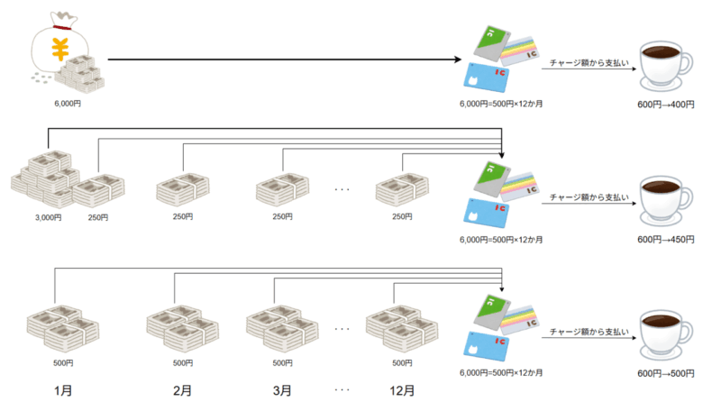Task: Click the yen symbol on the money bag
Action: [59, 50]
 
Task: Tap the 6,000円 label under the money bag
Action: [68, 104]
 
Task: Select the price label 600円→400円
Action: [666, 105]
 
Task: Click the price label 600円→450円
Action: [666, 239]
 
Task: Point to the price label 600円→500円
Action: [666, 373]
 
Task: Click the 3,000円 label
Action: [49, 217]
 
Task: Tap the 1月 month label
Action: [63, 390]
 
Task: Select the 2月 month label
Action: [183, 390]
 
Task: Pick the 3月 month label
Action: [282, 390]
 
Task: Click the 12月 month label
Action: [402, 390]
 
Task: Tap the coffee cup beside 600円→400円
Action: [666, 66]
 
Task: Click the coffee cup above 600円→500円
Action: [666, 334]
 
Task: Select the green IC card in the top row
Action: [492, 43]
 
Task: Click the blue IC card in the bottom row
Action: [487, 346]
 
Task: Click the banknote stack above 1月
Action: [63, 328]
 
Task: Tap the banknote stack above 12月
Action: [402, 328]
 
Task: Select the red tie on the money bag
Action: [61, 27]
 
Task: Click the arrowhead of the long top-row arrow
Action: [458, 59]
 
